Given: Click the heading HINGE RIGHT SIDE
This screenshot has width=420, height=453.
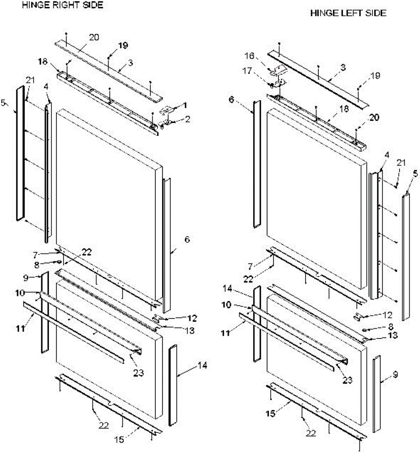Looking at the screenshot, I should click(63, 6).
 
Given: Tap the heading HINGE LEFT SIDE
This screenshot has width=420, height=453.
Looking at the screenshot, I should click(348, 13).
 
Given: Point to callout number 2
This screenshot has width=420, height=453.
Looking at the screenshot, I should click(188, 119).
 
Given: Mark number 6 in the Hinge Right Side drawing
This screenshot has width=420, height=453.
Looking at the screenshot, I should click(188, 239).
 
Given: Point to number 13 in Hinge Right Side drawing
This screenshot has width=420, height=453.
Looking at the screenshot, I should click(190, 331).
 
